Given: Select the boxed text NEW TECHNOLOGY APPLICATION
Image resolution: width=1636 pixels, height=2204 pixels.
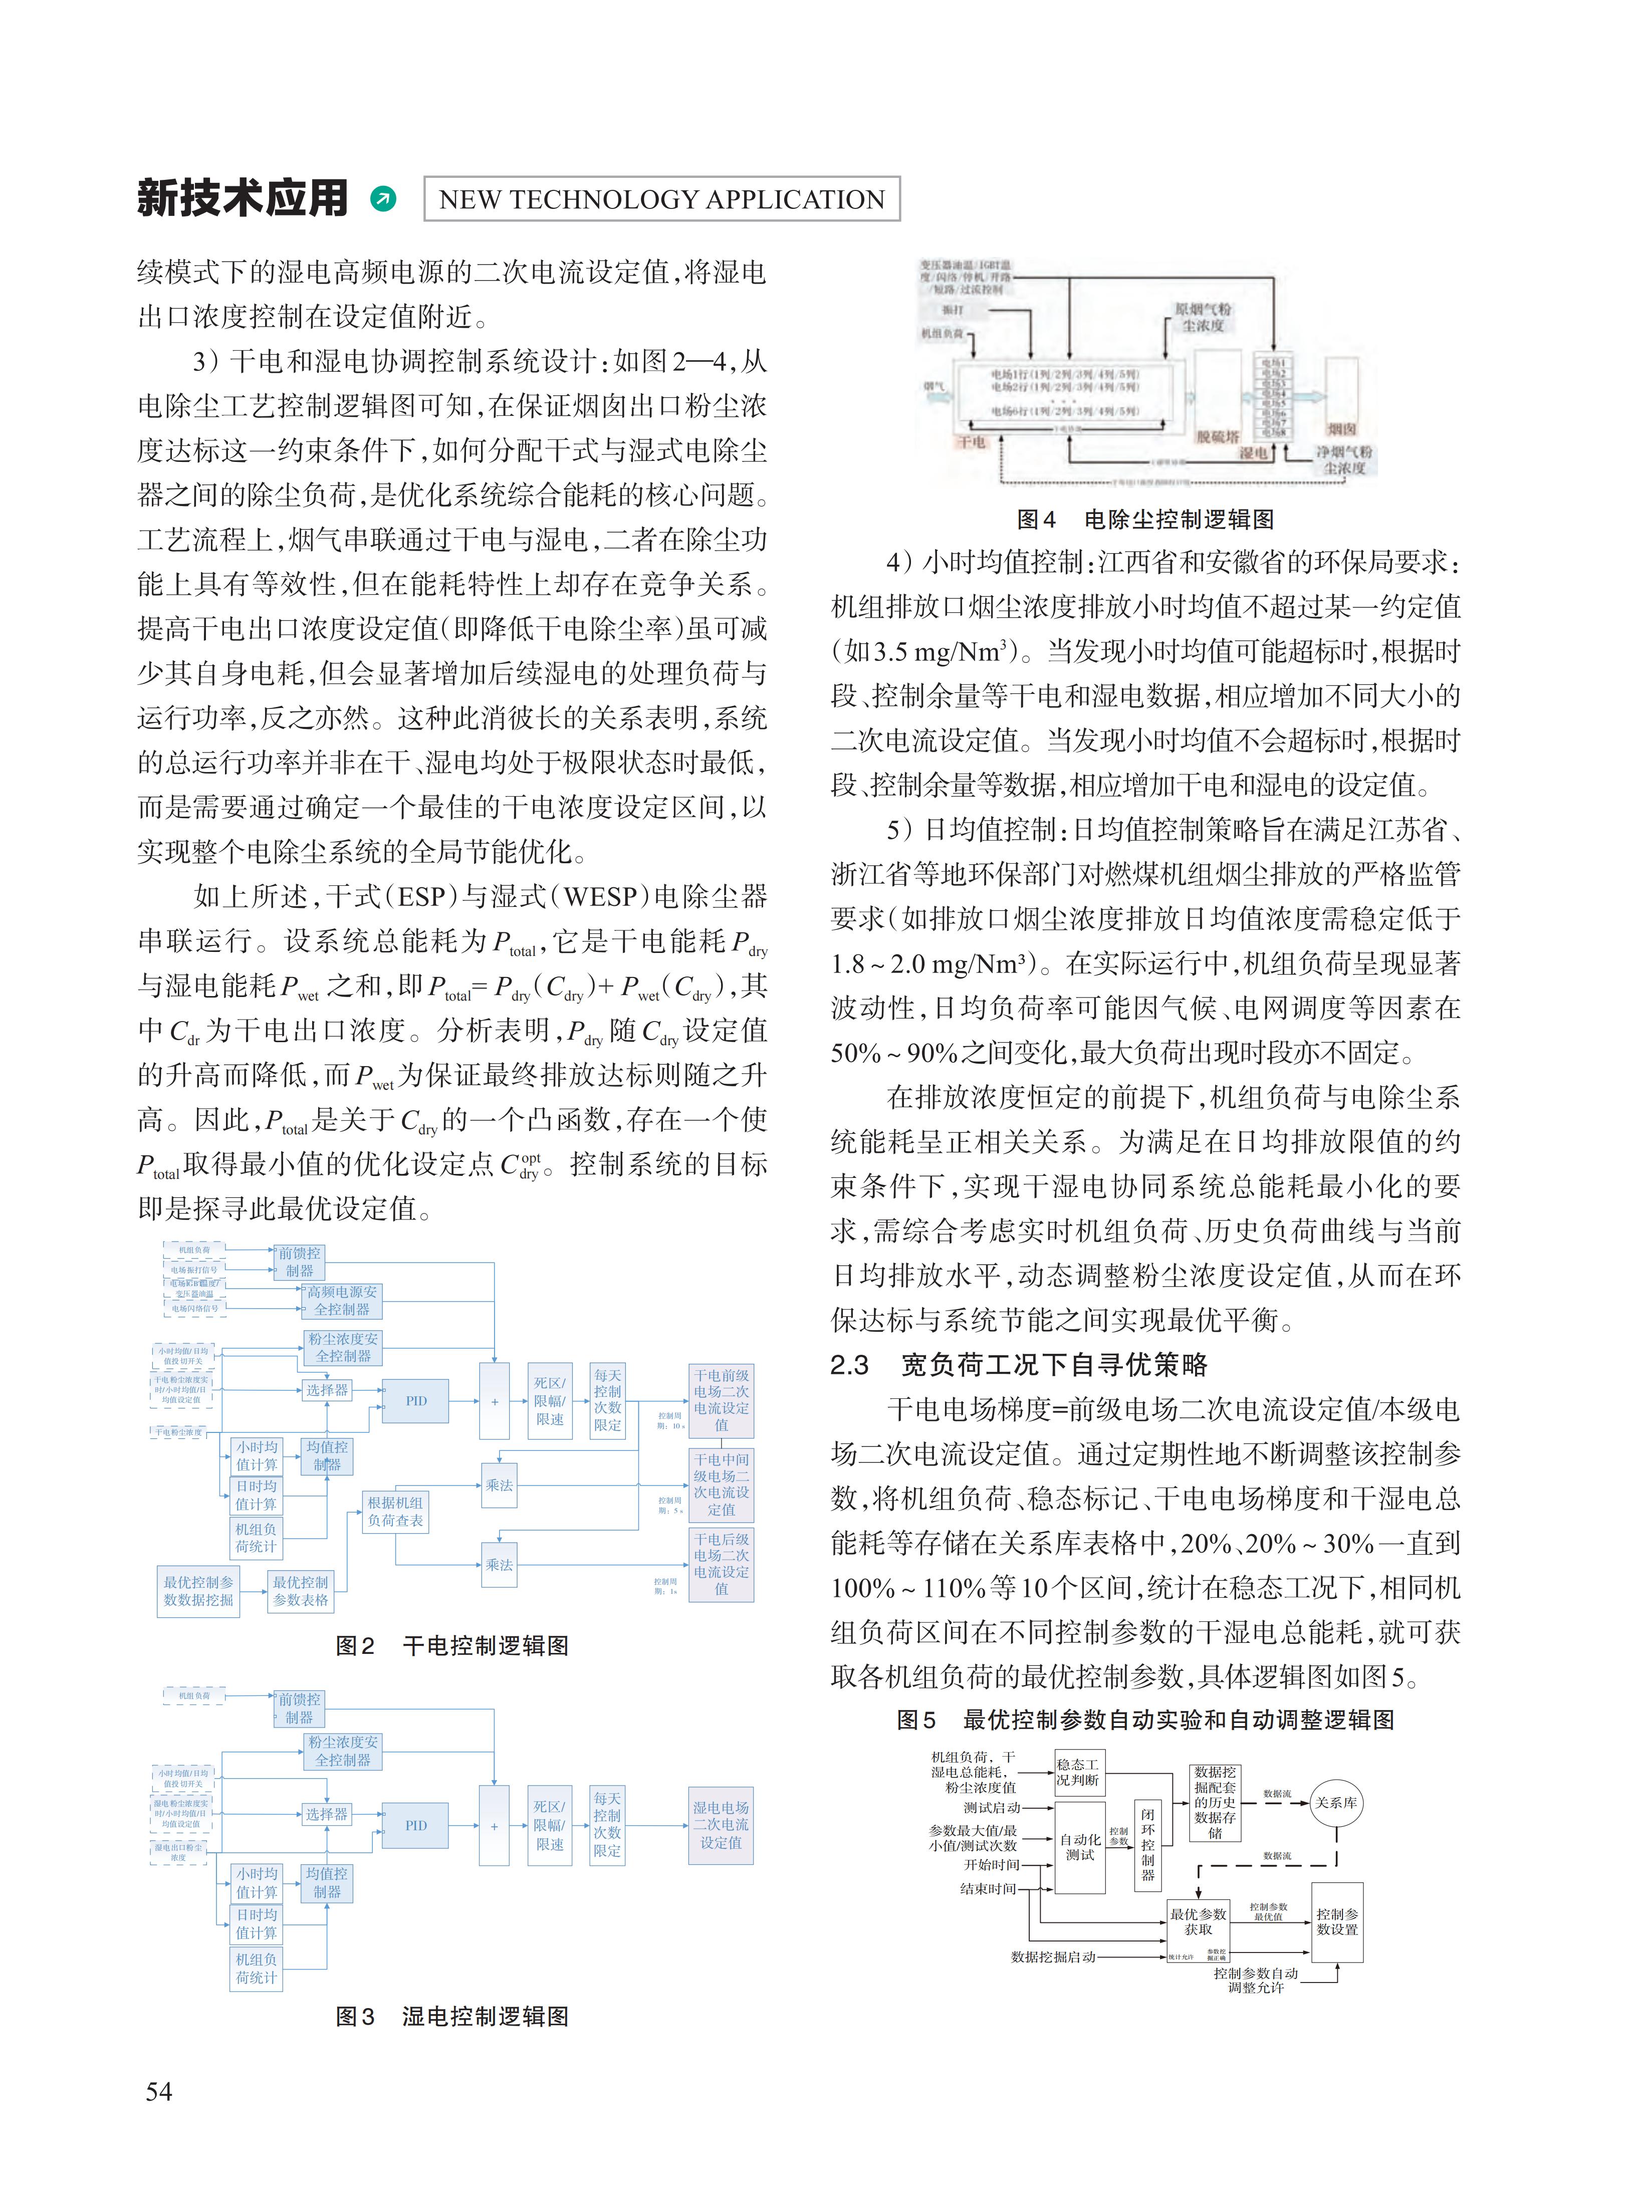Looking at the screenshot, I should tap(661, 199).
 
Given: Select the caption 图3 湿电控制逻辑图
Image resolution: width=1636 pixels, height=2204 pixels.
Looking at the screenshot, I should tap(451, 2017).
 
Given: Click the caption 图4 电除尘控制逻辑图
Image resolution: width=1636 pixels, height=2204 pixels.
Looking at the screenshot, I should tap(1145, 519).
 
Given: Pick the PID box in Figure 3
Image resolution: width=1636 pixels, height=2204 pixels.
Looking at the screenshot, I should tap(416, 1825).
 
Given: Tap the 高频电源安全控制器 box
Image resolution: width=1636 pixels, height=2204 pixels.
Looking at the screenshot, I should tap(342, 1300).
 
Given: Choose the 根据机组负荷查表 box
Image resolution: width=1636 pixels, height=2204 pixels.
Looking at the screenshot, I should tap(395, 1511).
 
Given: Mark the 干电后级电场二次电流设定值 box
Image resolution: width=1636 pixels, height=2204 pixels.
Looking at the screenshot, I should tap(721, 1564).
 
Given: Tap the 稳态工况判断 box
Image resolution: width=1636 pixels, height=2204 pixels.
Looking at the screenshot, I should tap(1077, 1772).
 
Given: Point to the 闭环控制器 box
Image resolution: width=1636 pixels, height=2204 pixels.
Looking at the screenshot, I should tap(1147, 1844).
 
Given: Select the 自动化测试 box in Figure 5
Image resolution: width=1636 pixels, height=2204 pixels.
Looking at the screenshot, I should tap(1079, 1847).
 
